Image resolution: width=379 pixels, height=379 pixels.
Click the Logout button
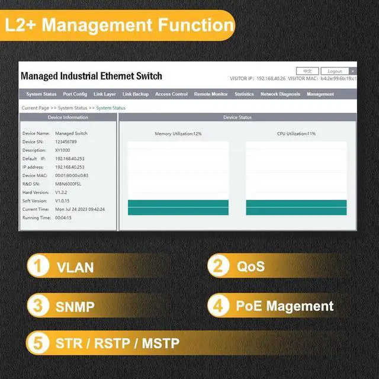[x=335, y=71]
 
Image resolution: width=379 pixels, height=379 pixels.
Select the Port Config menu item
[x=75, y=94]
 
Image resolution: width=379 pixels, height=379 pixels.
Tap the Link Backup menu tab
[x=136, y=94]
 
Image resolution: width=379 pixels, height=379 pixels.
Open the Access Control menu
[x=171, y=94]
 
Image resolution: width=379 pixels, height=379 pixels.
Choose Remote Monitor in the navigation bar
[x=211, y=94]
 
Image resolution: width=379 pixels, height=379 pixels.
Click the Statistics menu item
[x=244, y=94]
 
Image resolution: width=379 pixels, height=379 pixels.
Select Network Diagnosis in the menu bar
[x=280, y=94]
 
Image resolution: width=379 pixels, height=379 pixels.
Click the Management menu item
[x=320, y=94]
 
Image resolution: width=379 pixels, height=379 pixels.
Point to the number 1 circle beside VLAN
[x=38, y=266]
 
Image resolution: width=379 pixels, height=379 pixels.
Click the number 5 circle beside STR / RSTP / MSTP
[x=38, y=343]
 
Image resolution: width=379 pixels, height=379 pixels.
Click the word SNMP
[x=75, y=307]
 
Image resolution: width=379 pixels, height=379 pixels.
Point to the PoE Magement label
[x=285, y=306]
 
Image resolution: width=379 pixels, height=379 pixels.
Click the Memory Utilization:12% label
[x=178, y=134]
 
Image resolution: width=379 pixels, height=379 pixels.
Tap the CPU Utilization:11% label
[x=296, y=134]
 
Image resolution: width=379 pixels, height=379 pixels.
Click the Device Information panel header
[x=68, y=117]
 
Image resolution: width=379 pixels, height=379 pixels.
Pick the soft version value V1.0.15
[x=63, y=201]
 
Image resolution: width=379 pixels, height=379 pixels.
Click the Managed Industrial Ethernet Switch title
[x=91, y=76]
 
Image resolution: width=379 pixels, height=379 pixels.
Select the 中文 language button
[x=307, y=71]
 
